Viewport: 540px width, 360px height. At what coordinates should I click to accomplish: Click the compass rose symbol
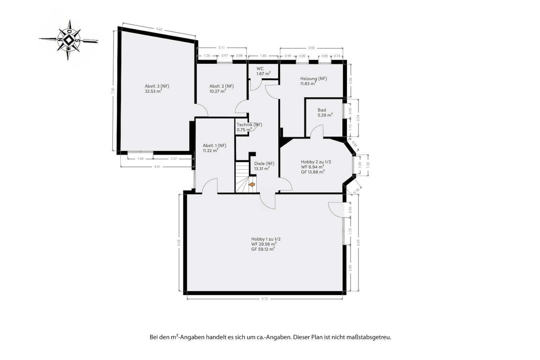pos(69,40)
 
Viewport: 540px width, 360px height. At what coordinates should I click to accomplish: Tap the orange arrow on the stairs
pos(252,184)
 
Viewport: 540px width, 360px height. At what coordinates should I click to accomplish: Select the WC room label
pos(260,68)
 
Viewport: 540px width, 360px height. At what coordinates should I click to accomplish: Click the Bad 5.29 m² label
pos(325,113)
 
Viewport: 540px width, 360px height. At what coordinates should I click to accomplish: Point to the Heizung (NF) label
pos(313,79)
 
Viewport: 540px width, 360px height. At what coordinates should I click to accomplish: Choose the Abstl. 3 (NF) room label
pos(157,86)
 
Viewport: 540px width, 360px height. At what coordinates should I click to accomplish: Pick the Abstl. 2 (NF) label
pos(221,86)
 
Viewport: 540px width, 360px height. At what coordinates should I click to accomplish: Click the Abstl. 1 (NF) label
pos(215,145)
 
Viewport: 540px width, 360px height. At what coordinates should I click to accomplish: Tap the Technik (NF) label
pos(249,125)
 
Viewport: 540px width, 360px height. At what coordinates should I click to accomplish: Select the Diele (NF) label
pos(264,163)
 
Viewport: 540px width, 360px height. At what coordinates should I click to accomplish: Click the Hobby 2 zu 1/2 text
pos(316,162)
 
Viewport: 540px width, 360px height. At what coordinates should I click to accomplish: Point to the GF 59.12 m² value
pos(263,249)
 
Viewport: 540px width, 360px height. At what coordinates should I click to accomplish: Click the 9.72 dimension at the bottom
pos(265,299)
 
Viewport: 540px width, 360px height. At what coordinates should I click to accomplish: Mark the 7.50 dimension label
pos(113,91)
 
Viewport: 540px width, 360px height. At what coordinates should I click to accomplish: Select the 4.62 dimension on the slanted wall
pos(159,29)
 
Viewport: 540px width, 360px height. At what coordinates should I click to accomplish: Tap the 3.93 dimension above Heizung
pos(311,48)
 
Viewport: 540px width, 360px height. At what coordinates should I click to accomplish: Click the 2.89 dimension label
pos(351,268)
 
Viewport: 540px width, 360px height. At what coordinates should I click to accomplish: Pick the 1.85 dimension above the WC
pos(263,56)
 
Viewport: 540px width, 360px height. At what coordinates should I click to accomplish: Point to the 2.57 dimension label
pos(174,159)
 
